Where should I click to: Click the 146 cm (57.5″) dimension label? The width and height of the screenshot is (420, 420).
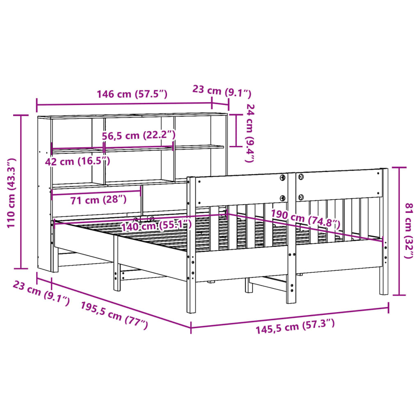132,94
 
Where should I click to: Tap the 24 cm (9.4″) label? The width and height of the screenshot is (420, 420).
250,133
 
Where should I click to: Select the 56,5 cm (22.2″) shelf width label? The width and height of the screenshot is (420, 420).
139,135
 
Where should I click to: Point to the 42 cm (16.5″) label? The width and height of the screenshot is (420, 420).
78,162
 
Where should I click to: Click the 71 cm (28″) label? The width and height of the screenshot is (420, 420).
98,200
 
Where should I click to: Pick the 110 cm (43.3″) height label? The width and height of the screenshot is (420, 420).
11,193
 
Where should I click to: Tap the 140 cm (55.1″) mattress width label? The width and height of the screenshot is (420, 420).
157,226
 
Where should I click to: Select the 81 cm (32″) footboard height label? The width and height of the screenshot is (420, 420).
409,231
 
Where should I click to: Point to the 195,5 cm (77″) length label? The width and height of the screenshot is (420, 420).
114,315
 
